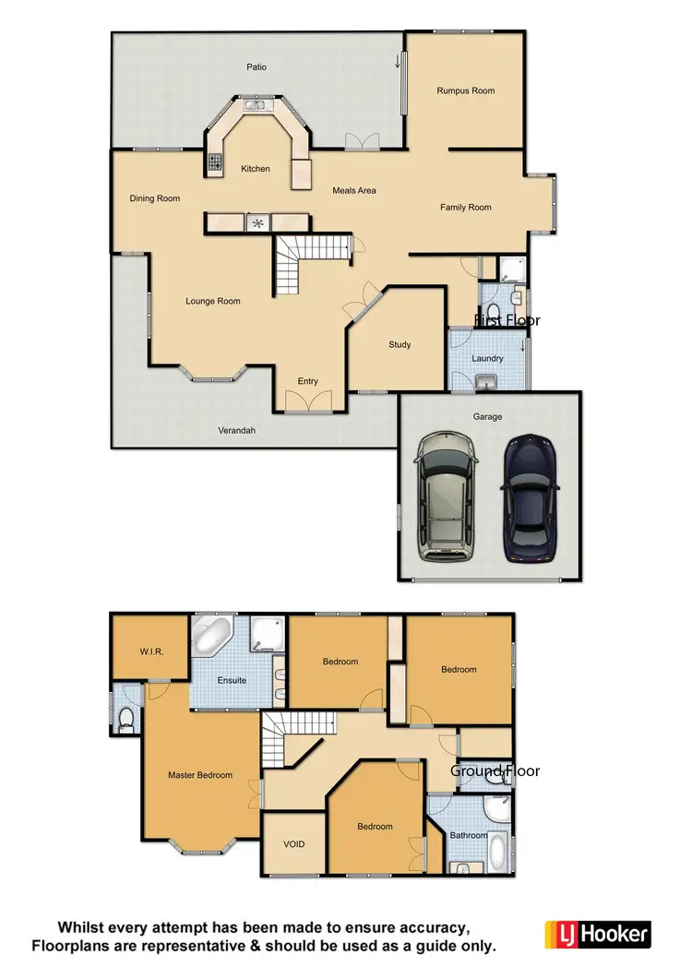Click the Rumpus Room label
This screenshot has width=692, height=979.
tap(466, 90)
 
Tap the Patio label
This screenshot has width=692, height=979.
tap(257, 66)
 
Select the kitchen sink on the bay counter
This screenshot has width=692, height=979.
tap(256, 105)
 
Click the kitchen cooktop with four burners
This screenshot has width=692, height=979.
tap(215, 163)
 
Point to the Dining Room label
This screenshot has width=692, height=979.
tap(154, 198)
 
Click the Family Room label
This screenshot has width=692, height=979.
tap(466, 208)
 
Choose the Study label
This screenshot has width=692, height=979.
tap(400, 345)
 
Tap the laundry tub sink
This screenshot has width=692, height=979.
tap(487, 382)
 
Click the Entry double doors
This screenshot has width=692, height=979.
tap(307, 402)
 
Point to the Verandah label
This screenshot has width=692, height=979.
tap(236, 430)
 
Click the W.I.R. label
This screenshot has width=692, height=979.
tap(152, 652)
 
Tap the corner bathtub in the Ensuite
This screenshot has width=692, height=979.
tap(213, 637)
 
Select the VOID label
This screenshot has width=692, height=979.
tap(293, 844)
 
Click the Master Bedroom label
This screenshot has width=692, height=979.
tap(200, 775)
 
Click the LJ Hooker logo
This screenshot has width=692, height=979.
tap(598, 934)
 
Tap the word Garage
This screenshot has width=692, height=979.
tap(488, 417)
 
